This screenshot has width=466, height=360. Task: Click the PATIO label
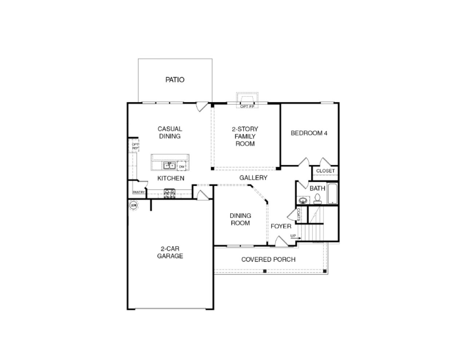coord(175,80)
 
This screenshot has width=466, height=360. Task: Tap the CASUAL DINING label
coord(170,132)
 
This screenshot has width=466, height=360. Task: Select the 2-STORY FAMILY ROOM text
coord(245,136)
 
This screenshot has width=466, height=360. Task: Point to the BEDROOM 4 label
coord(309,133)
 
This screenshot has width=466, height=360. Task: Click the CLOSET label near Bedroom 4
coord(325,171)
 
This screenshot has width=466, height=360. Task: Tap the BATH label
coord(317,188)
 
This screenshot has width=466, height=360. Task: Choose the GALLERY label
coord(253,178)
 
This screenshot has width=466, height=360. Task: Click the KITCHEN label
coord(171,178)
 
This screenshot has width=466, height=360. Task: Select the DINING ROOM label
coord(240,219)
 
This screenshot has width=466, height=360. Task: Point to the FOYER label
coord(281,226)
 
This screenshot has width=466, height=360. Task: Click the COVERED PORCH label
coord(268,259)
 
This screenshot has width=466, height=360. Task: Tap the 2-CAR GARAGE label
coord(170,252)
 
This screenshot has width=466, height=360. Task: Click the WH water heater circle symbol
coord(133,205)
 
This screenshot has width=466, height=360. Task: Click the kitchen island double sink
coord(169,166)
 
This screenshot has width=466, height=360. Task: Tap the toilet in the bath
coord(317,199)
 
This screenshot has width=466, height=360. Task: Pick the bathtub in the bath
coord(332,194)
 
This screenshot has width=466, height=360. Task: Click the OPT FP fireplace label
coord(247,106)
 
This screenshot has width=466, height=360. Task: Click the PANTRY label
coord(139,192)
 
